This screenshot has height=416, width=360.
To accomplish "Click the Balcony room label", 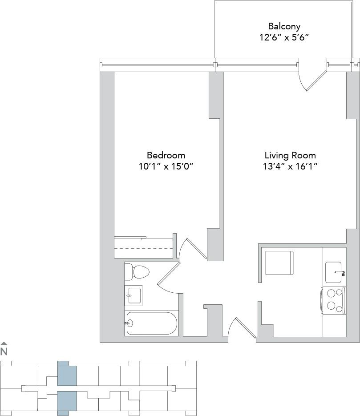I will [x=284, y=26].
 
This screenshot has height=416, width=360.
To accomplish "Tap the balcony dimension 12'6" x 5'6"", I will [x=284, y=37].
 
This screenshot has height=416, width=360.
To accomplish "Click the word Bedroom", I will [x=166, y=155].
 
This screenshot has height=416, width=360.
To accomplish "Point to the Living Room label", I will [x=290, y=155].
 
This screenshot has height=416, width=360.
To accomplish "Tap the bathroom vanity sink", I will [x=133, y=295].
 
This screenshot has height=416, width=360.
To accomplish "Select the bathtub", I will [x=152, y=323].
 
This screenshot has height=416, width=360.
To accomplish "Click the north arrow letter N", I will [x=4, y=351].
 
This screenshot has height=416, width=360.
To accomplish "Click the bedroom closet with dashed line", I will [x=143, y=247].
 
